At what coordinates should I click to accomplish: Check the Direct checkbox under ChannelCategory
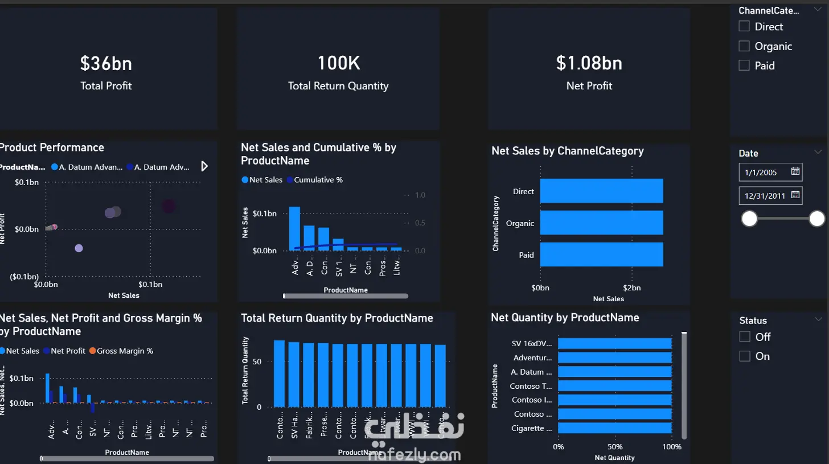[744, 26]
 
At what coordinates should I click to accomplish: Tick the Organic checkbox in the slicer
[744, 46]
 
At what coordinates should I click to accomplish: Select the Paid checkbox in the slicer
[744, 65]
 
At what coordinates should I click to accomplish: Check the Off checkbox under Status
[745, 336]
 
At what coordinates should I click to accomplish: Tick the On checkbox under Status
[745, 356]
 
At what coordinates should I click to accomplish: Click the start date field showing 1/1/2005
[763, 171]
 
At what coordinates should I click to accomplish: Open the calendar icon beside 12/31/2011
[796, 195]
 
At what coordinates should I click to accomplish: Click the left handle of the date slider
[749, 218]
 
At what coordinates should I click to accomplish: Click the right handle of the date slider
[816, 218]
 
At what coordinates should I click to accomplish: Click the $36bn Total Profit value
[106, 63]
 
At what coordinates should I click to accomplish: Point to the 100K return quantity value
[338, 63]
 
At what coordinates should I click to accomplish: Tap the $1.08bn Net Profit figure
[589, 63]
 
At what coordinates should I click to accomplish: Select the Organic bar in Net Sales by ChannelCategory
[601, 223]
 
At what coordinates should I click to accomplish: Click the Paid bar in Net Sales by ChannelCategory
[601, 254]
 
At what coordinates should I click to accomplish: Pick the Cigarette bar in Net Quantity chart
[615, 428]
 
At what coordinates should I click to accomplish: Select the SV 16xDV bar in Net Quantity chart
[615, 343]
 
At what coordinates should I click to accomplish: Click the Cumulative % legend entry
[318, 180]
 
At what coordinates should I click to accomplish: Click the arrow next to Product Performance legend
[204, 166]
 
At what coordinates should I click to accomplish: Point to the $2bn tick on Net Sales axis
[631, 288]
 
